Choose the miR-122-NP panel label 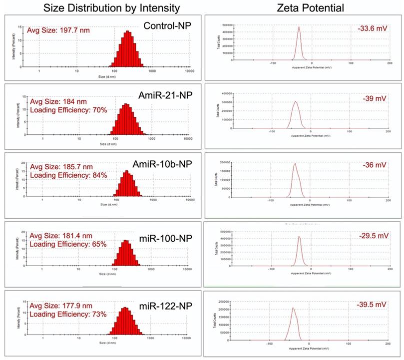point(169,305)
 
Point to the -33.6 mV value point(372,28)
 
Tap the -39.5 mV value point(372,305)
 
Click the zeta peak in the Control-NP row point(299,28)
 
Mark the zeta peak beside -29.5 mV point(299,238)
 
